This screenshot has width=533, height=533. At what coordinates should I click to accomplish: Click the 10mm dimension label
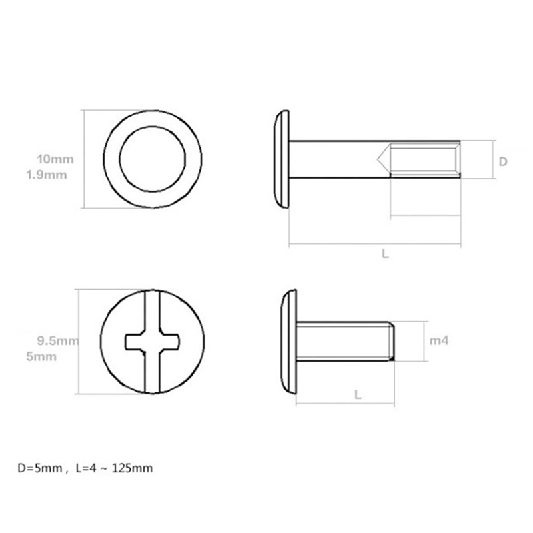(x=55, y=159)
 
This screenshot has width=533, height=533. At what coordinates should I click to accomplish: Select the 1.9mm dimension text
(x=46, y=175)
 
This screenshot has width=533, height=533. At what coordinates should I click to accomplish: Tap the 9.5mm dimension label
(x=58, y=340)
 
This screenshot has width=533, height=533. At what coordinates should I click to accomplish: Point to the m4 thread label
(x=439, y=340)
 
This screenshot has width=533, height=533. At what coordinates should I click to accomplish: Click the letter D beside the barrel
(x=503, y=161)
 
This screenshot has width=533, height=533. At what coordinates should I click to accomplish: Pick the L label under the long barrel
(x=385, y=254)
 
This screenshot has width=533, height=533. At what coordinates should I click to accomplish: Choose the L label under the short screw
(x=358, y=394)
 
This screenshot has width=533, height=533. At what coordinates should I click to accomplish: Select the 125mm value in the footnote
(x=132, y=468)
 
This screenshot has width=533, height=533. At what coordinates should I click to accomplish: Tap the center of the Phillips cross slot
(x=153, y=342)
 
